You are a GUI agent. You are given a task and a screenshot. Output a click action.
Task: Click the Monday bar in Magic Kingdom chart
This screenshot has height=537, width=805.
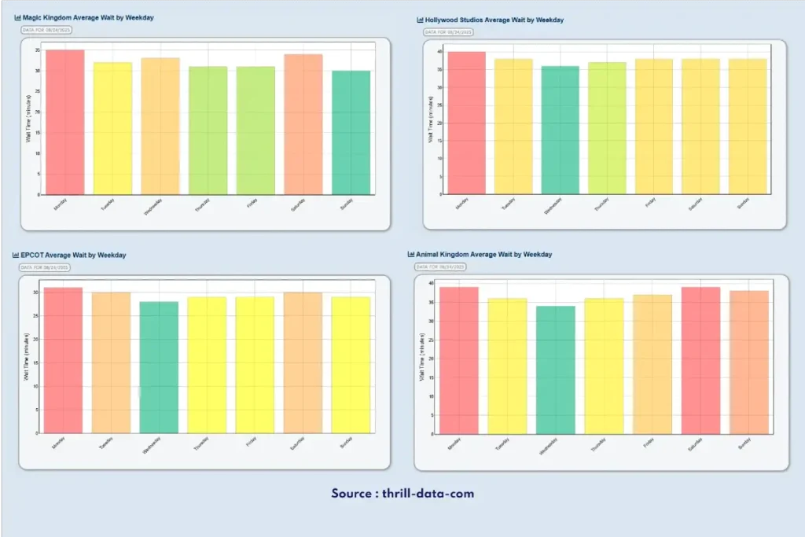click(x=64, y=122)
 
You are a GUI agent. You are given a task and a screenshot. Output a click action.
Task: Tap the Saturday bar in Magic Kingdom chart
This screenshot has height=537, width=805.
click(x=303, y=124)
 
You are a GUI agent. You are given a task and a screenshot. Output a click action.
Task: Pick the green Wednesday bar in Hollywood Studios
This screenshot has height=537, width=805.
click(x=560, y=130)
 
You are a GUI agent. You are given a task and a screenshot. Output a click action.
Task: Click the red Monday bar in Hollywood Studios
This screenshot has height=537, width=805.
click(x=466, y=123)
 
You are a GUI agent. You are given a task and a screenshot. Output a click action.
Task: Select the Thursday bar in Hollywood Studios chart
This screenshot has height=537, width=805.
click(x=608, y=128)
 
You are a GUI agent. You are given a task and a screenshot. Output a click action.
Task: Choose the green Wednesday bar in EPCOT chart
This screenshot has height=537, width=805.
click(x=159, y=367)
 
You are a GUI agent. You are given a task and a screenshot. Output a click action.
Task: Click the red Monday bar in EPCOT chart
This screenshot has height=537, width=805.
click(x=64, y=360)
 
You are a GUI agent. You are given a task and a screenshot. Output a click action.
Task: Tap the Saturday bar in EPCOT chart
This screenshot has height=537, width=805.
click(x=303, y=362)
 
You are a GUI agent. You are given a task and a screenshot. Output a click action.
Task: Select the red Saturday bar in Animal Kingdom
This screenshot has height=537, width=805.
click(x=701, y=360)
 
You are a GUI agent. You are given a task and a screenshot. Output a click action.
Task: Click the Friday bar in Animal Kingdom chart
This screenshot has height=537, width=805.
click(x=653, y=364)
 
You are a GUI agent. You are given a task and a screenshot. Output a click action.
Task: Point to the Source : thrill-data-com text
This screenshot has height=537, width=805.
click(x=402, y=494)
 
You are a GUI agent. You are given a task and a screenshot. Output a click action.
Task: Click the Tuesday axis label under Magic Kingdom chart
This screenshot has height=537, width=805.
click(x=109, y=205)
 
